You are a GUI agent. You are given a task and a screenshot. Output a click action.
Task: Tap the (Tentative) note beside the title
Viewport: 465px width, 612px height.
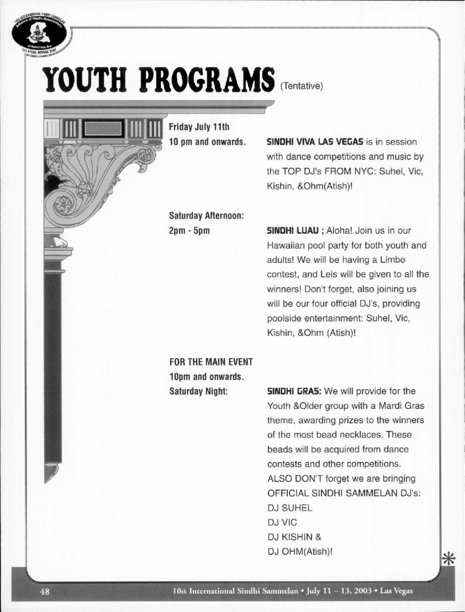(301, 86)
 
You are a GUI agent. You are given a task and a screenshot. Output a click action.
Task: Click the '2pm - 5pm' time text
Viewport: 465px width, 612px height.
(189, 230)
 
